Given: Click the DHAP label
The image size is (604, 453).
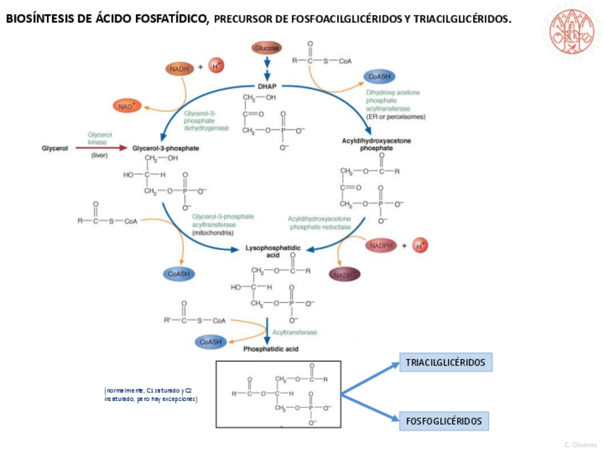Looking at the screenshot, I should (x=267, y=86).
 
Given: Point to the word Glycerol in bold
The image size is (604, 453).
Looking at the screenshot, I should (x=55, y=148).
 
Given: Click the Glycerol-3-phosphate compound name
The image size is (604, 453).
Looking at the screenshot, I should (x=166, y=148).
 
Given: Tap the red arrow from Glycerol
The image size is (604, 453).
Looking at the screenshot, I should (x=100, y=148).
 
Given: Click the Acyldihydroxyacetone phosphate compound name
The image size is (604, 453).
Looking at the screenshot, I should (x=376, y=145).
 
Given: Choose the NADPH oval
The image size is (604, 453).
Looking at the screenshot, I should (x=382, y=246).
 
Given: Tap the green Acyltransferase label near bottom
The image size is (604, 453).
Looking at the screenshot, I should (x=294, y=332).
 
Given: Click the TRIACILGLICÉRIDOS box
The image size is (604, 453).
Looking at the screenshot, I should (x=445, y=363).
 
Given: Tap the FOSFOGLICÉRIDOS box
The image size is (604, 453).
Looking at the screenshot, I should (x=444, y=421).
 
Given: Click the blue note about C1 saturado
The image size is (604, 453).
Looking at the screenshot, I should (x=150, y=395).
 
